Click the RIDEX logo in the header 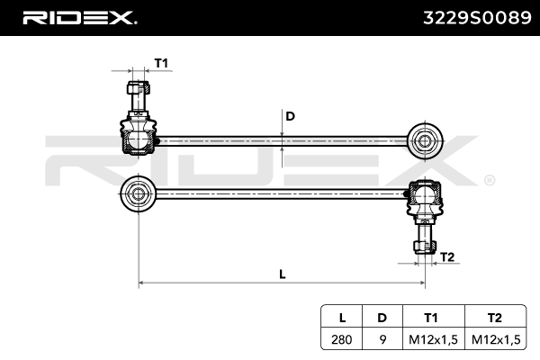pos(78,17)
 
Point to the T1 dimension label pos(161,62)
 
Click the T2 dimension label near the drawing pos(446,257)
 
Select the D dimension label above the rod pos(290,116)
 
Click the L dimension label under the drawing pos(282,274)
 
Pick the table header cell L pos(342,317)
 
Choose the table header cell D pos(382,317)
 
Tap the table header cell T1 pos(433,317)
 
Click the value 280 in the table pos(342,339)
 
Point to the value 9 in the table pos(382,339)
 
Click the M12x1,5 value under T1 pos(433,339)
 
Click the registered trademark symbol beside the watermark pos(489,179)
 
